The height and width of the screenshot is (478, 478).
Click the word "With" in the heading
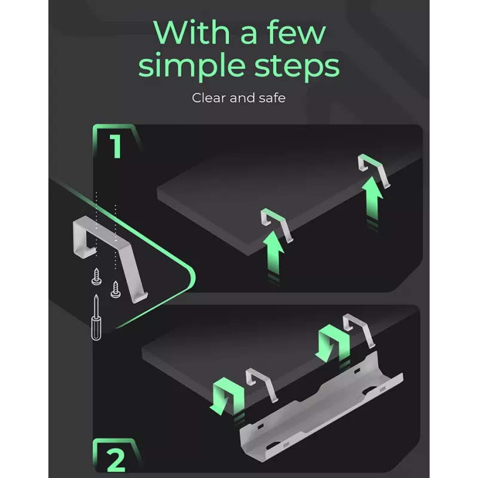191,33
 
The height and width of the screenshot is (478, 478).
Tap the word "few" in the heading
296,33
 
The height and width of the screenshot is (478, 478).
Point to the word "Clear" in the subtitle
209,98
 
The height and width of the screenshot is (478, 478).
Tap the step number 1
116,146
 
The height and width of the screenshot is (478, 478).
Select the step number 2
116,459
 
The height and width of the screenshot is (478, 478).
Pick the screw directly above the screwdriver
97,277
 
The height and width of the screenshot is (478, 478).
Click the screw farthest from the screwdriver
115,289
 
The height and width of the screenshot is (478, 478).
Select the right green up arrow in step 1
372,201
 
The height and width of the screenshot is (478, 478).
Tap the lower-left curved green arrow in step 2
229,396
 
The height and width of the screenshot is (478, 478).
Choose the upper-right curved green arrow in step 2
334,343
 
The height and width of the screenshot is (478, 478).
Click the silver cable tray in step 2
321,409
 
